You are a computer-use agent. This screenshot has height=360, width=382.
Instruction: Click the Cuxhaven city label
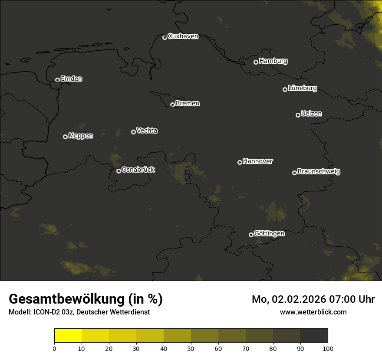click(183, 36)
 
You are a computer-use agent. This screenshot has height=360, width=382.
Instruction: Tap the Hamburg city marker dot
click(256, 62)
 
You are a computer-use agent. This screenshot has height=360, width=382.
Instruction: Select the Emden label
click(71, 79)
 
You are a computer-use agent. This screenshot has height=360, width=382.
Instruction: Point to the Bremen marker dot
click(172, 105)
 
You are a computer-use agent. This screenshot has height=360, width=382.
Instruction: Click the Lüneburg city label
click(302, 88)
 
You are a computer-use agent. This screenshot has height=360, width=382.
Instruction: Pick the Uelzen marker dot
click(298, 115)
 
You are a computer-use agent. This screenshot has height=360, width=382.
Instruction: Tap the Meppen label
click(81, 136)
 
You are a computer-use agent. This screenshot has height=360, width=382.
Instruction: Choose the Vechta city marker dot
click(133, 132)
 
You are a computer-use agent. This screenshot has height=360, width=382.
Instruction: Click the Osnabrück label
click(138, 170)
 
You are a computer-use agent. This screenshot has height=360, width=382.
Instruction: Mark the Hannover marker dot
click(240, 162)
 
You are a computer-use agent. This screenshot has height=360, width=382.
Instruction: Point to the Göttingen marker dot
click(251, 235)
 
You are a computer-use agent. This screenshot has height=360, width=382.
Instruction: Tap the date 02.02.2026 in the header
click(299, 299)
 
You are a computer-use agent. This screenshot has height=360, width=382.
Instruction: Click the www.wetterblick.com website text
click(313, 312)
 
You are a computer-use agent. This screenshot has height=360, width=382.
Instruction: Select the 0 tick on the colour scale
click(54, 348)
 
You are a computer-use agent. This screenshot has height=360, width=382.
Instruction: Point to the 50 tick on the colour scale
click(191, 348)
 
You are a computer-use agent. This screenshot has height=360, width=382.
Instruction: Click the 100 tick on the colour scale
click(328, 348)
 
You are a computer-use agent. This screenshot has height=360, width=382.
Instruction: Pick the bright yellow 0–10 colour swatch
click(68, 336)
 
